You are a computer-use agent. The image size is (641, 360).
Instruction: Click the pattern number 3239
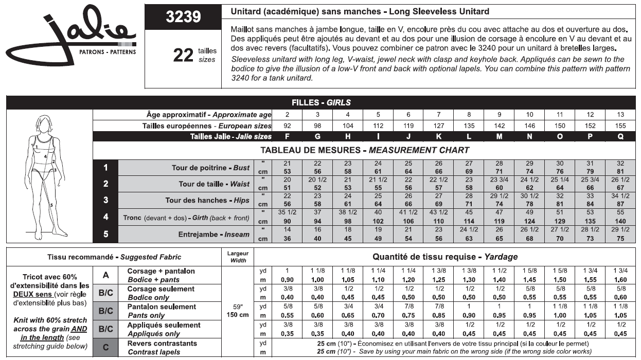click(x=183, y=17)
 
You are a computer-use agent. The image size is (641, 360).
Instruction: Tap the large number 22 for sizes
click(x=183, y=55)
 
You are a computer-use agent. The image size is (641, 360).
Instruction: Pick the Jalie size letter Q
click(x=621, y=136)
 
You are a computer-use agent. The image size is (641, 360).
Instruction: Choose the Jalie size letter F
click(x=288, y=136)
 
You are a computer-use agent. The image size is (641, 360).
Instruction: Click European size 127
click(x=439, y=125)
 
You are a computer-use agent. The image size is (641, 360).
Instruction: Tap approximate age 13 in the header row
click(x=621, y=115)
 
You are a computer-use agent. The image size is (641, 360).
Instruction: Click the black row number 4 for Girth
click(x=105, y=217)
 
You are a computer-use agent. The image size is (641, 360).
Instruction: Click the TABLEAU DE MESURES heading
click(x=365, y=150)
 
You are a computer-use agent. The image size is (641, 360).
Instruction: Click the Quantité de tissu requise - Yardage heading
click(x=445, y=256)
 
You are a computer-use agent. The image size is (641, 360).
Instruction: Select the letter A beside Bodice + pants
click(x=105, y=275)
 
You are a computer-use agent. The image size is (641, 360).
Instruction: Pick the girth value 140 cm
click(x=621, y=222)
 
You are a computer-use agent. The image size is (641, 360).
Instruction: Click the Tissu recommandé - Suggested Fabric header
click(x=114, y=257)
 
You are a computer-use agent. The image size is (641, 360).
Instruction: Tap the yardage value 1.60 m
click(x=621, y=279)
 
